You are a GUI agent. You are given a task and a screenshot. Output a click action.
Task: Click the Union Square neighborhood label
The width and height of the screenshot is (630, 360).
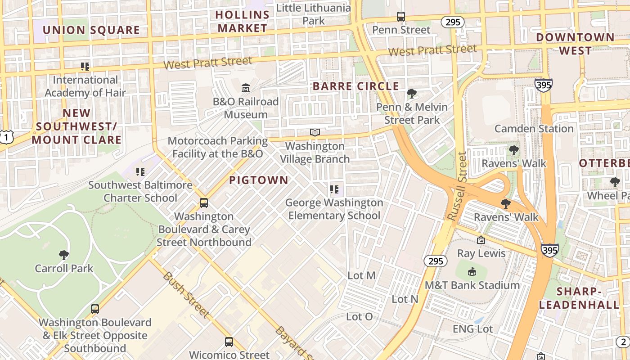pos(91,31)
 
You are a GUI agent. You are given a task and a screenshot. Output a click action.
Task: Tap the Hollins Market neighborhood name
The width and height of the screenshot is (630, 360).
pos(242,21)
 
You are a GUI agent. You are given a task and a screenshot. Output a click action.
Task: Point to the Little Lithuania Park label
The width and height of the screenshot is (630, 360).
pos(313,14)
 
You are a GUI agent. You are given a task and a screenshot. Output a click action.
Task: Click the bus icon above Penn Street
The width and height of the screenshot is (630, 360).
pos(401,17)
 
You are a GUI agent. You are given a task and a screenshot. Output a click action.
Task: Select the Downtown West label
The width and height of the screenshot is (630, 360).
pos(575,44)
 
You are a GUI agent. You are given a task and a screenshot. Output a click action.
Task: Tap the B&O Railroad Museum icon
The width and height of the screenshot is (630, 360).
pos(246,87)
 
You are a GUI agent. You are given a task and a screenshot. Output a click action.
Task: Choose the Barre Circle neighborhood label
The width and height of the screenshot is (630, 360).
pos(356,86)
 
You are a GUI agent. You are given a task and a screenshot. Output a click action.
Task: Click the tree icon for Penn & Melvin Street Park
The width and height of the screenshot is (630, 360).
pos(411,94)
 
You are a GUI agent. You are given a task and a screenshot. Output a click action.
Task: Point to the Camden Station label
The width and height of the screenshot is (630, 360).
pos(534,129)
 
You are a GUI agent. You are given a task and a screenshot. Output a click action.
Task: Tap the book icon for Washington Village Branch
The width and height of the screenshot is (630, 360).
pos(315,133)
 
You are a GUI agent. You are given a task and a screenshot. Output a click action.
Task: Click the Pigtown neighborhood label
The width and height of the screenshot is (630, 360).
pos(259,180)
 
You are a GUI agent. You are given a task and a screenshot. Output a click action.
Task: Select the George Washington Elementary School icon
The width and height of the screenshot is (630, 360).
pos(334,189)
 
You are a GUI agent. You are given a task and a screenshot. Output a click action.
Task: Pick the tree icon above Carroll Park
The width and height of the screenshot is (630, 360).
pos(64,255)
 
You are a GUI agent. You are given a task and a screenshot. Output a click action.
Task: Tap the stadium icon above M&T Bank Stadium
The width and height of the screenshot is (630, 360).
pos(472,272)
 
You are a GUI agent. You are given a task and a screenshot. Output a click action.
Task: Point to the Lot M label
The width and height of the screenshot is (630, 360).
pos(361,275)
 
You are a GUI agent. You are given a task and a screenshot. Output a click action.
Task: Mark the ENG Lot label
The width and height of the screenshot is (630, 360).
pos(472,329)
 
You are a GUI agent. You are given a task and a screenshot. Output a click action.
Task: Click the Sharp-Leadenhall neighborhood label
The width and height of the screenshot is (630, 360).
pos(579,298)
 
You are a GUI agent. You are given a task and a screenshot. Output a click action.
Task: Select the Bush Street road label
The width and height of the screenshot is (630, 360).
pos(186,294)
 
